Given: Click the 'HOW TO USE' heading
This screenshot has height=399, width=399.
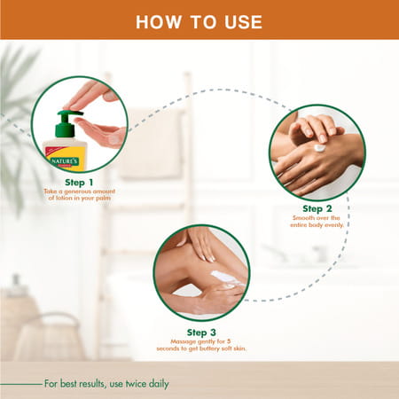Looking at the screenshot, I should (199, 20).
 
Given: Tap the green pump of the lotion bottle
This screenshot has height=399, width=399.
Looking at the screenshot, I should (65, 123).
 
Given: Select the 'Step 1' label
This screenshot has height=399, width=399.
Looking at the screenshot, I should (78, 181).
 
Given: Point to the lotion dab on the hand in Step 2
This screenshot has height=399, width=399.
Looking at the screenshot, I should (319, 148).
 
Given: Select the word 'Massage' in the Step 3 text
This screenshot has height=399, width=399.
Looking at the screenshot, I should (182, 340).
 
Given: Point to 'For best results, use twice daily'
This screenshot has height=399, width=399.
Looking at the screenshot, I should (106, 384).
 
